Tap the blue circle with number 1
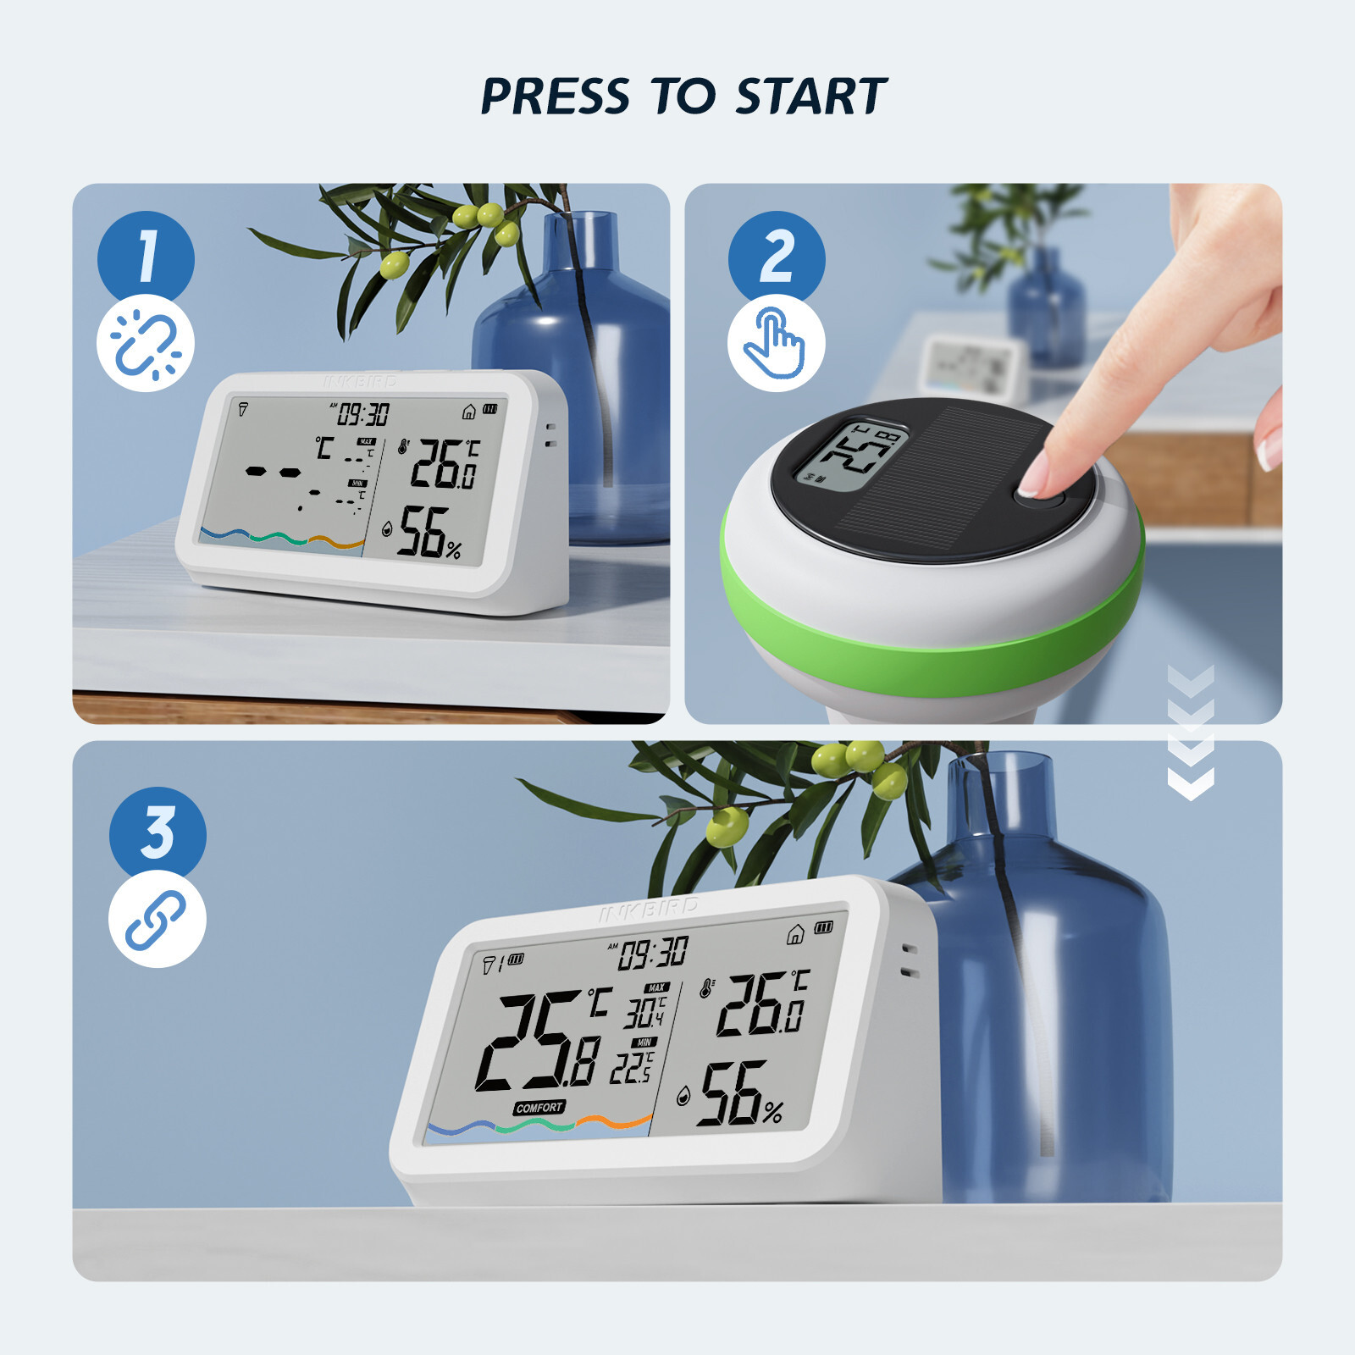146,257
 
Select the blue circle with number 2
777,257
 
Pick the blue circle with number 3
158,832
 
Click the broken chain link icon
146,344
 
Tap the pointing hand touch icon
775,343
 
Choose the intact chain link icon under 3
157,920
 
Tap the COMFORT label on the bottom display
539,1108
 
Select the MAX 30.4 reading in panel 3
645,1009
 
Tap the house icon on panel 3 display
795,934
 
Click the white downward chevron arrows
1190,733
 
